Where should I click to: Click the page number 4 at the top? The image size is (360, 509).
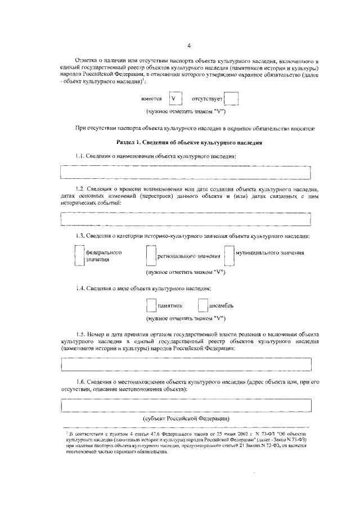pyautogui.click(x=189, y=46)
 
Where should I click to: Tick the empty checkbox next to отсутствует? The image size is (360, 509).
pyautogui.click(x=231, y=100)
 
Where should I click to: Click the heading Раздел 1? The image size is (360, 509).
pyautogui.click(x=189, y=143)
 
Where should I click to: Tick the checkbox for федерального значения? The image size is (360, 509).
pyautogui.click(x=79, y=256)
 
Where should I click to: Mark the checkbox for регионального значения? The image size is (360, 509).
pyautogui.click(x=151, y=256)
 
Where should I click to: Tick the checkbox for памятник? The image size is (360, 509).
pyautogui.click(x=151, y=305)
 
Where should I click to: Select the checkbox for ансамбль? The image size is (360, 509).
pyautogui.click(x=203, y=305)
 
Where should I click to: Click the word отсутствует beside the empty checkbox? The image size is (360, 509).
pyautogui.click(x=208, y=99)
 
